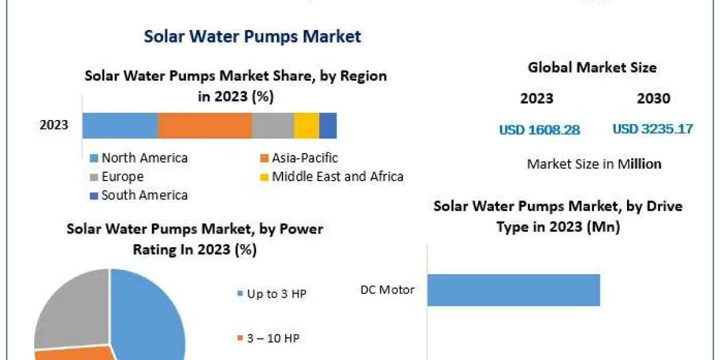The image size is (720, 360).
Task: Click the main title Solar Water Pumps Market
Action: point(252,37)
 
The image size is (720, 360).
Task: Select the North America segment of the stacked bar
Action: point(120,125)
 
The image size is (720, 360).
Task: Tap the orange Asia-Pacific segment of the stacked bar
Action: point(205,125)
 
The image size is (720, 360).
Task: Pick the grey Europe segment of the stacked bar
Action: point(273,125)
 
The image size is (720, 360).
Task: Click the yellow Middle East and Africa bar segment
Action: point(307,125)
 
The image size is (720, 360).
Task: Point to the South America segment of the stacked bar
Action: point(328,125)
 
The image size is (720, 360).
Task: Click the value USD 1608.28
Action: point(539,130)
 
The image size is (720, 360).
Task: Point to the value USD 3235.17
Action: point(653,129)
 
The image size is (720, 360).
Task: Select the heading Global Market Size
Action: point(592,68)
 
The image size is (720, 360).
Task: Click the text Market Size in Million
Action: point(594,164)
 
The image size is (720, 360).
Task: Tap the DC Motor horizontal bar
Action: point(514,290)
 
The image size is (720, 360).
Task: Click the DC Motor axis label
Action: point(387,290)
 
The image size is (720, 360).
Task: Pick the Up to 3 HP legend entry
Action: point(272,294)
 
